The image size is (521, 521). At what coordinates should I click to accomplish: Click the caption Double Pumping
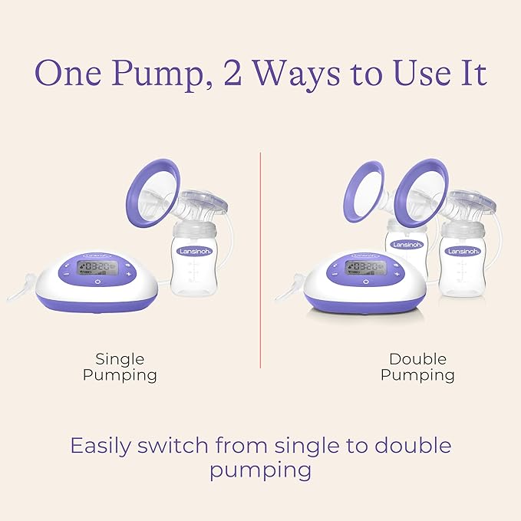point(417,367)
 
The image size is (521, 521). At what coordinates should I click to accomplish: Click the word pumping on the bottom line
point(260,470)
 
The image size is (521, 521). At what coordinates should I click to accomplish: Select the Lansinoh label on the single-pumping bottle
point(193,251)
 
